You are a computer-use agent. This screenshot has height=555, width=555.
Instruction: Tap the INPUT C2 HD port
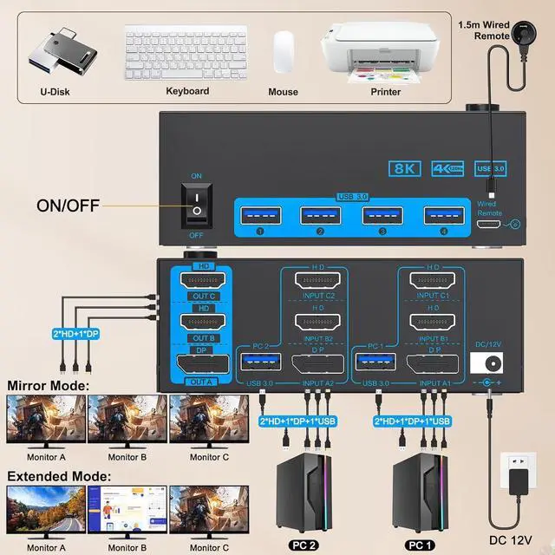click(x=317, y=282)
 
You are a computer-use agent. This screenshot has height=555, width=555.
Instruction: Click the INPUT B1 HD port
click(x=434, y=321)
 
